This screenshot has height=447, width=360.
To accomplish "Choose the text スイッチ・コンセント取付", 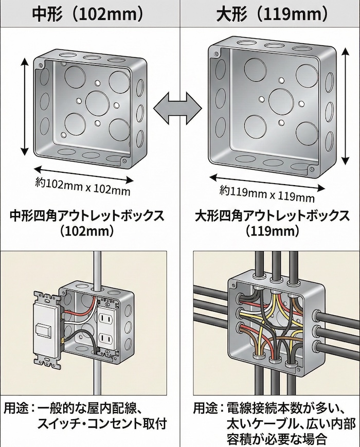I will [102, 425].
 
